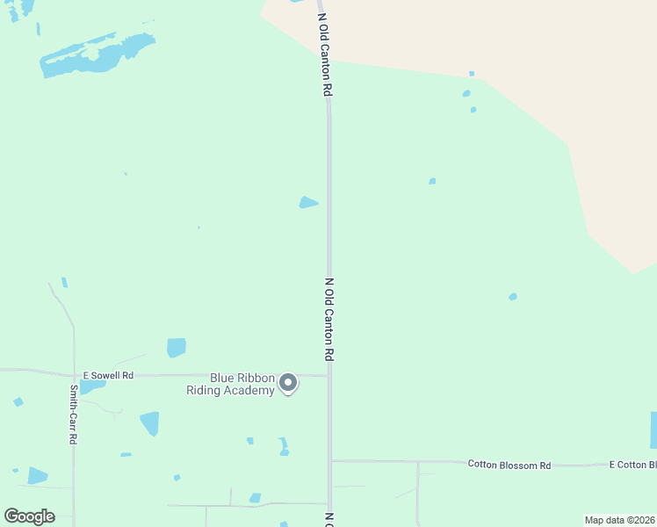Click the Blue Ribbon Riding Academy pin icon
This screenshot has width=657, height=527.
pos(287,382)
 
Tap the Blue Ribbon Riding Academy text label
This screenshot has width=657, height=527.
pos(230,384)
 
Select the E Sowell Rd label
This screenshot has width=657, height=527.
pos(108,375)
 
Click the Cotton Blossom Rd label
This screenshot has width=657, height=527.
pos(509,464)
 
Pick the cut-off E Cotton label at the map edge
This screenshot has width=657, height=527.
pos(632,464)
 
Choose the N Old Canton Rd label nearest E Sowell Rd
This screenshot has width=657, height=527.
pos(329,319)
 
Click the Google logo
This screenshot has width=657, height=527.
pos(29,516)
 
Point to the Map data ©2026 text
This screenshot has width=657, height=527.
pos(619,520)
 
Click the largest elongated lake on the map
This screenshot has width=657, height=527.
pos(97,54)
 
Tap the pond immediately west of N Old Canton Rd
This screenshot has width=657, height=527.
pos(307,203)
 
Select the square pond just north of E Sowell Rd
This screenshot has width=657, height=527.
pos(177,348)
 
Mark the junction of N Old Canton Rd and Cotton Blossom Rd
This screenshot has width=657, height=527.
pos(330,460)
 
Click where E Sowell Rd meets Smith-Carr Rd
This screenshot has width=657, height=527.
pos(74,372)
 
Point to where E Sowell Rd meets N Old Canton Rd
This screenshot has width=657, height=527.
pos(328,376)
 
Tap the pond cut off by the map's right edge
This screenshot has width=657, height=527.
pos(653,430)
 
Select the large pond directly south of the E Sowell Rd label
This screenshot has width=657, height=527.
pos(150,423)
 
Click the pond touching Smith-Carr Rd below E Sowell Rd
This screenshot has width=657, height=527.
pos(90,386)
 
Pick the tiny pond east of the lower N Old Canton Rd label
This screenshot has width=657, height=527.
pos(512,297)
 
